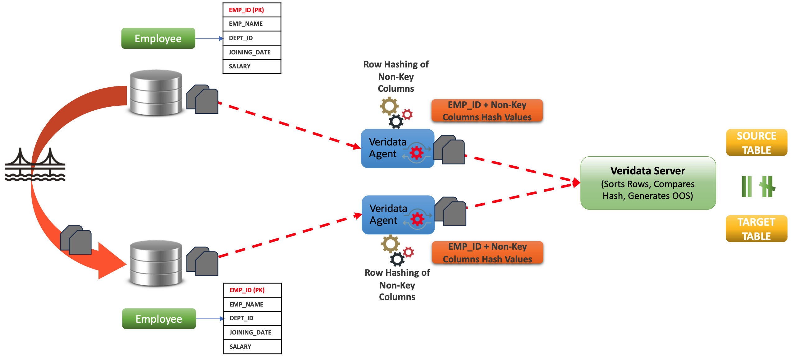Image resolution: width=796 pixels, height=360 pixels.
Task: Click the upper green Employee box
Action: pos(158,39)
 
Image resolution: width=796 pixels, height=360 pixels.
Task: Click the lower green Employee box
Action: pos(159,319)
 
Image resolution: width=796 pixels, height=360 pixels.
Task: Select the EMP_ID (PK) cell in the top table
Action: pos(252,10)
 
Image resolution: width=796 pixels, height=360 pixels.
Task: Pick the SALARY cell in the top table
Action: pos(252,66)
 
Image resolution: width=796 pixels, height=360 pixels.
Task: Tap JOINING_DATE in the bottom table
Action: pos(252,332)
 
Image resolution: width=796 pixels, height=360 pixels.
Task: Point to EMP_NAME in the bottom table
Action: pos(252,304)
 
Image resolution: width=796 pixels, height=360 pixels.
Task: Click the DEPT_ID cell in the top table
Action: pos(252,38)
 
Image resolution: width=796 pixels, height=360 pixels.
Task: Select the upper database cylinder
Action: pos(156,92)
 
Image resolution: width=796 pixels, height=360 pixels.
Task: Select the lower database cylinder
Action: pos(156,263)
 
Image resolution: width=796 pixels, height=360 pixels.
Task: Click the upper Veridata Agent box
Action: pos(397,149)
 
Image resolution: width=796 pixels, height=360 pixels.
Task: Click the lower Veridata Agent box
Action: pos(398,215)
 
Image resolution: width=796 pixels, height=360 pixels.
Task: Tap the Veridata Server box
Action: pos(648,183)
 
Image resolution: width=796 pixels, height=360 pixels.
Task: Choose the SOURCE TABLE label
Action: pos(756,143)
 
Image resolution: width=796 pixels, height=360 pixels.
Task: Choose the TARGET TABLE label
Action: pos(756,229)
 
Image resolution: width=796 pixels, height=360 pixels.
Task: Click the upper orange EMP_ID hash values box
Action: pos(487,111)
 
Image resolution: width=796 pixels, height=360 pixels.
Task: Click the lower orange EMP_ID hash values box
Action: pos(487,252)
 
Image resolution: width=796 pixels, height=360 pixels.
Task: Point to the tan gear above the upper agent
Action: pos(389,106)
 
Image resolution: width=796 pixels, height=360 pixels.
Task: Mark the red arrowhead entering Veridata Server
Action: pos(576,182)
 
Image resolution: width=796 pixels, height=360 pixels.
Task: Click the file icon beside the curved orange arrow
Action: pos(76,240)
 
